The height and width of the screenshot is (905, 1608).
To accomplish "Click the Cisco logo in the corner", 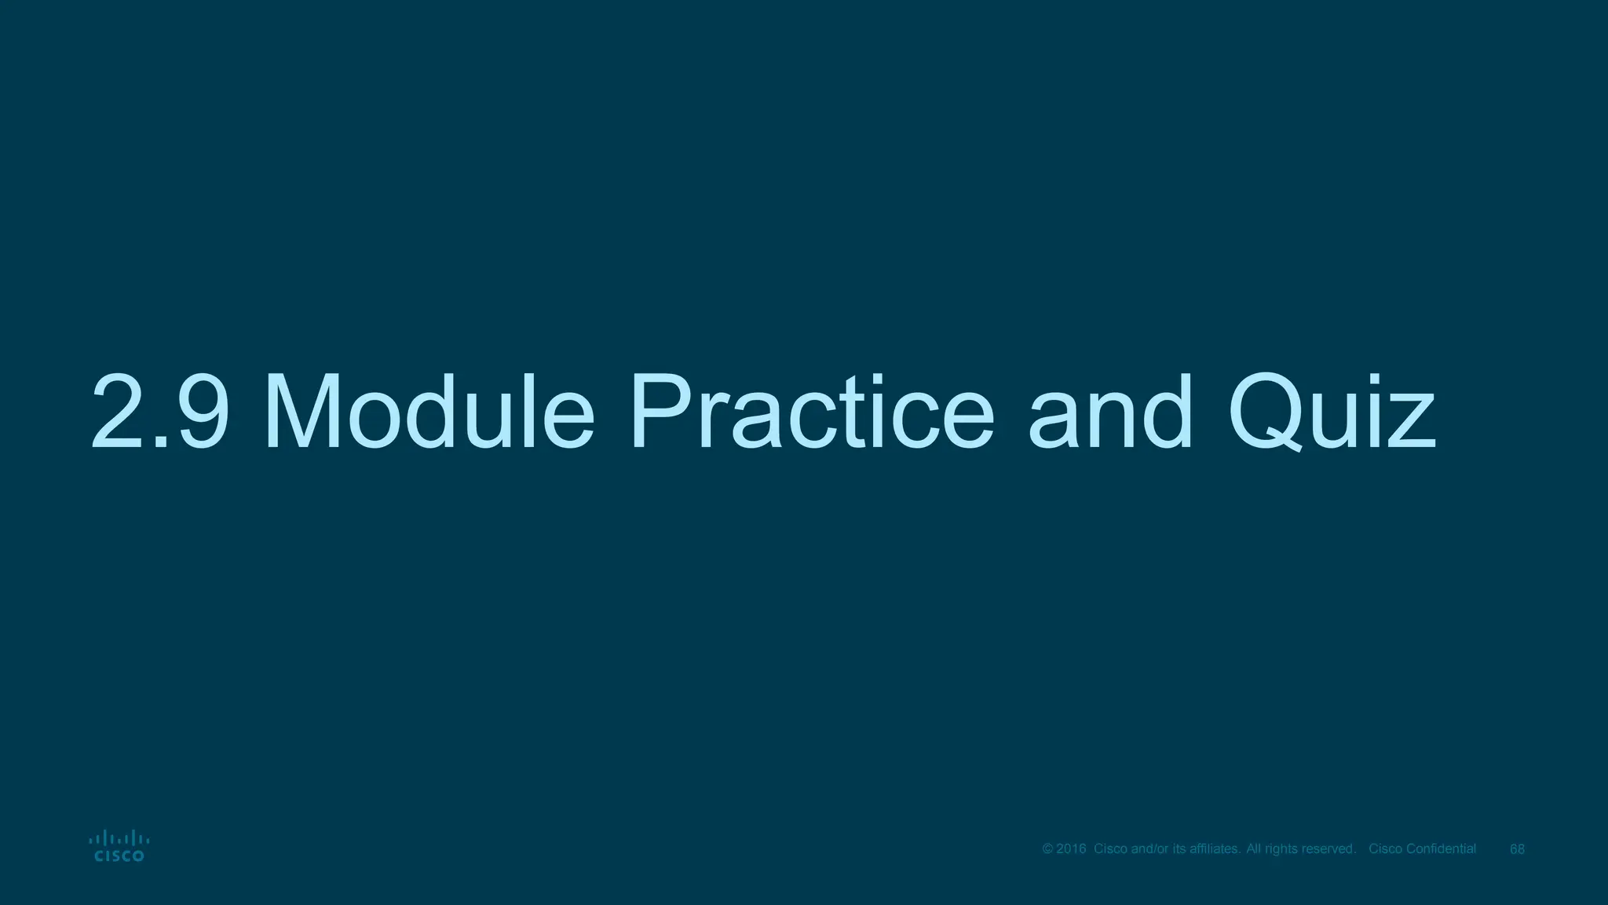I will (x=119, y=846).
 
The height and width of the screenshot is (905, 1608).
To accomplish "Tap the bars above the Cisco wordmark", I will (x=119, y=837).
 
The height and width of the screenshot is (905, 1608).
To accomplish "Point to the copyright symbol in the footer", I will (x=1047, y=849).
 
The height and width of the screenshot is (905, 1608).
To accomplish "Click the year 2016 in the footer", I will (x=1071, y=849).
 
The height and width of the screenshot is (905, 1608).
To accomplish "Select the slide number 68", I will (x=1518, y=849).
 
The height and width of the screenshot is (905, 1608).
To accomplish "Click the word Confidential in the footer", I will (x=1442, y=849).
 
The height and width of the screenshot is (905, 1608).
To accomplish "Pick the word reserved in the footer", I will (x=1328, y=849).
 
